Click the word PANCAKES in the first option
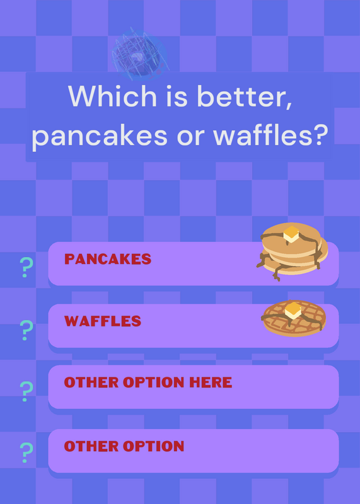click(108, 259)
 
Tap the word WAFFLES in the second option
click(103, 321)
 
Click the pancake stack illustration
click(292, 251)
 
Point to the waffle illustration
click(293, 318)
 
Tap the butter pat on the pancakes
click(292, 234)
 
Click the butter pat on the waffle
click(293, 311)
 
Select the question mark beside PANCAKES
click(26, 267)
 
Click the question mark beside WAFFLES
click(26, 330)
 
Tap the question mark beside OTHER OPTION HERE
click(26, 391)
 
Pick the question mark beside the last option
click(26, 452)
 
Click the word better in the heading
click(245, 96)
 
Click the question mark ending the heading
click(318, 134)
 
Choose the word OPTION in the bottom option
click(153, 446)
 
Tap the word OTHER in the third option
click(91, 382)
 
